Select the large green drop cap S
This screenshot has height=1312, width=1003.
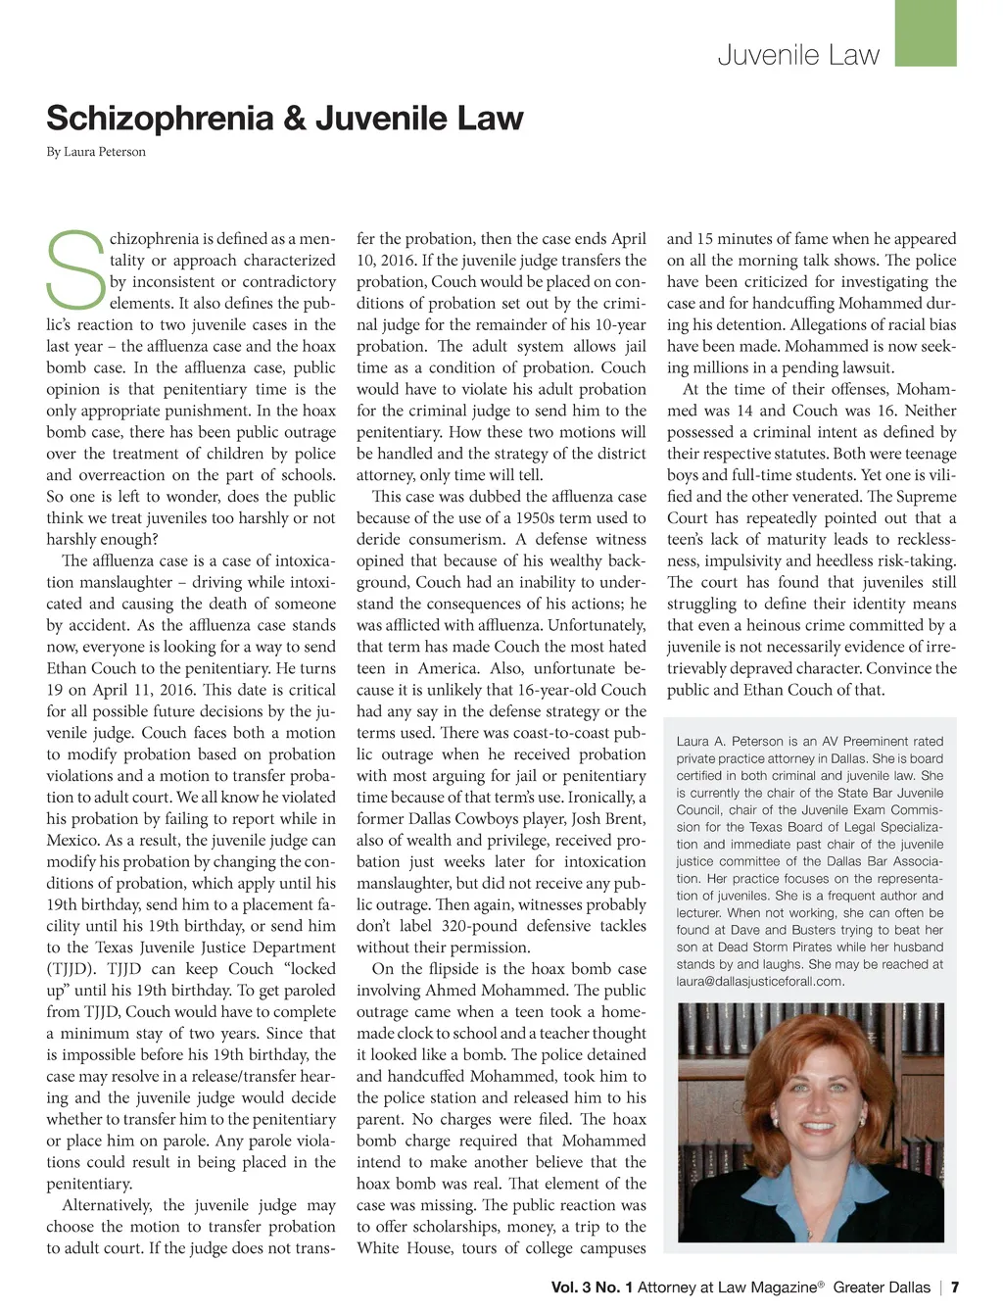point(74,267)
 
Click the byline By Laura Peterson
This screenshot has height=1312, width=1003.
point(96,152)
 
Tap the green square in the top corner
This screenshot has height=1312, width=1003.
point(926,32)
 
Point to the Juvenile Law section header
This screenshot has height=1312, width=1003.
point(798,55)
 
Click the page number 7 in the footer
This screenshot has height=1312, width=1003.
point(955,1288)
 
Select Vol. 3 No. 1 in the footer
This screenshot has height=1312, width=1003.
point(592,1288)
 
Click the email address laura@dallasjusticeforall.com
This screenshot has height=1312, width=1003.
point(760,981)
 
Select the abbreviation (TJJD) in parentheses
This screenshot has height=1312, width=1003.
point(72,969)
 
